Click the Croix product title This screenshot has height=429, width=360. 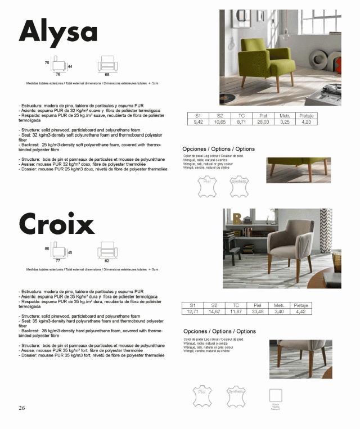click(x=57, y=225)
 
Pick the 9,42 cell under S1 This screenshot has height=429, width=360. click(x=198, y=121)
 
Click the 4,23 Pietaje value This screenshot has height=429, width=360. click(x=306, y=121)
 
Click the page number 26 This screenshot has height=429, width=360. click(x=21, y=407)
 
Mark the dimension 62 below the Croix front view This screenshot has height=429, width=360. click(x=106, y=261)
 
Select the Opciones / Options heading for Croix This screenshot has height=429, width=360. click(x=219, y=331)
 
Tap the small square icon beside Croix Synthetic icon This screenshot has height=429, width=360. click(x=276, y=394)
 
